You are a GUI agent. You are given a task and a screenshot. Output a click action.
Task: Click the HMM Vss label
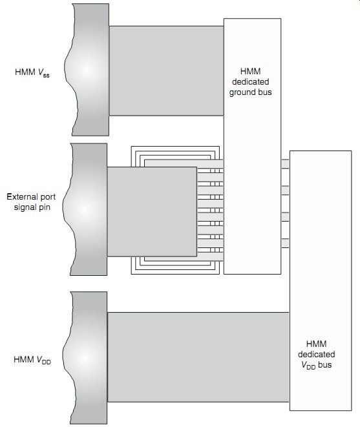(32, 72)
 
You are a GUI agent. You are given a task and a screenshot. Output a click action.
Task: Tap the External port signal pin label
(31, 202)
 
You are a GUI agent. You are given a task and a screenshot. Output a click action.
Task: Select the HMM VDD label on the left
(32, 360)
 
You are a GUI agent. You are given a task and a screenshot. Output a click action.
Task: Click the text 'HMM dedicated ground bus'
(250, 81)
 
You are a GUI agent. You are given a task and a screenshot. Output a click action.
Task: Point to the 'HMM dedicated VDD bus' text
(317, 354)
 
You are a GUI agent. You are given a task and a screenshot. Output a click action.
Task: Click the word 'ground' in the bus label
(242, 92)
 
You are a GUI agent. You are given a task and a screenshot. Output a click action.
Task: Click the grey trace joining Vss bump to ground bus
(166, 71)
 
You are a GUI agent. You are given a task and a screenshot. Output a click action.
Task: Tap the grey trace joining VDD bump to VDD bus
(198, 357)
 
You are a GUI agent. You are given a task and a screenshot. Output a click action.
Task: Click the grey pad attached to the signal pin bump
(152, 212)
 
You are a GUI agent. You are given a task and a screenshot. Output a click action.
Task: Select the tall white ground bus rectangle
(252, 146)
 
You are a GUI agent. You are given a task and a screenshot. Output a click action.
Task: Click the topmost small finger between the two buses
(285, 164)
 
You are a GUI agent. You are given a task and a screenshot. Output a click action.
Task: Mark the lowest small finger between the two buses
(285, 243)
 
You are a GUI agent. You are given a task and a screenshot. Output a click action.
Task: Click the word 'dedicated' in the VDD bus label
(317, 354)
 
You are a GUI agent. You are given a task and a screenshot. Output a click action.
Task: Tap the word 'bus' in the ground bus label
(265, 92)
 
